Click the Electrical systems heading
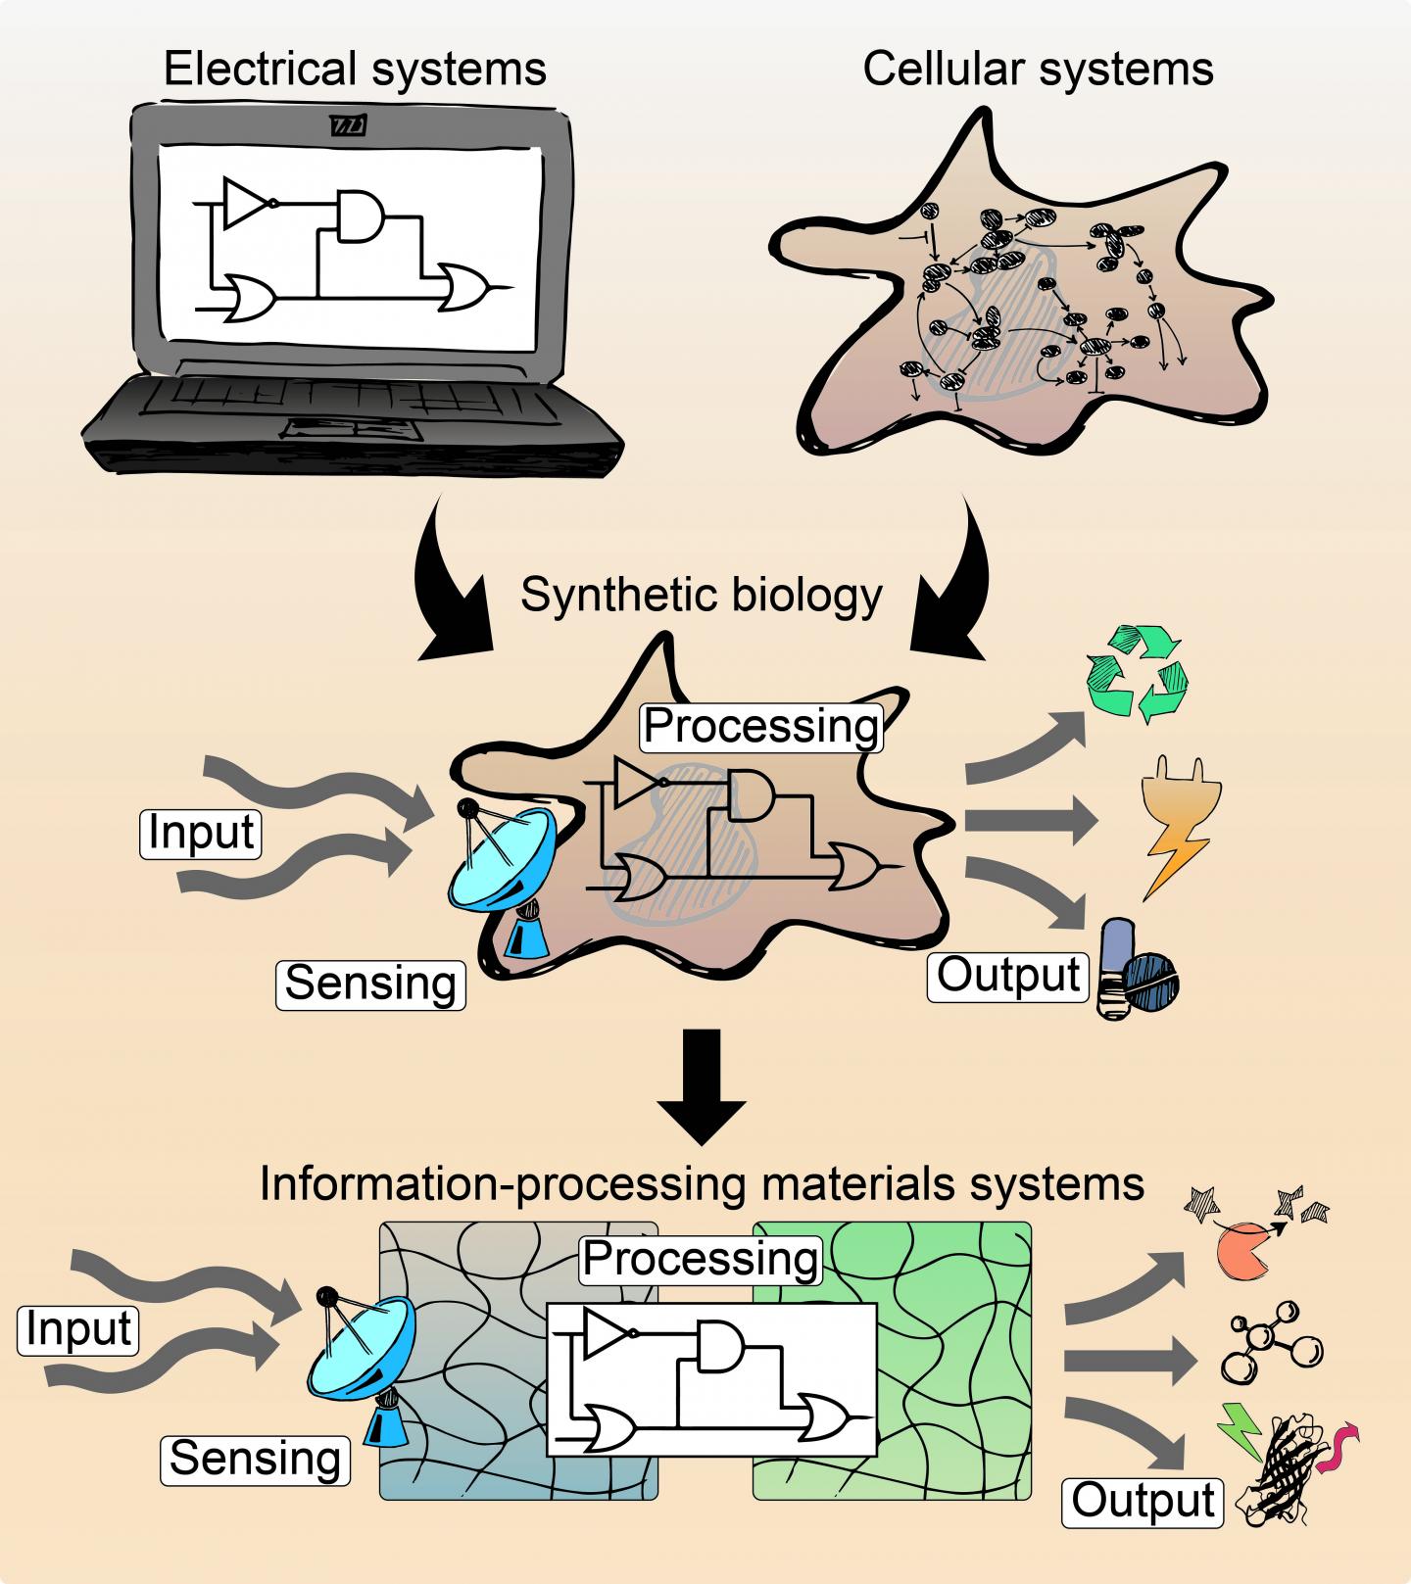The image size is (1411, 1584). [355, 70]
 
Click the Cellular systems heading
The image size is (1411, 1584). [1038, 70]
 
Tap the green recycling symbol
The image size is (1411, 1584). [1138, 676]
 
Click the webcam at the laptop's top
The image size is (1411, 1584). [348, 126]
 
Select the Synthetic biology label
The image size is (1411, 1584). [702, 595]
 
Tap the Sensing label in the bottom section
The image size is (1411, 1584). [255, 1458]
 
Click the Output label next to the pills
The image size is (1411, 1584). [1008, 975]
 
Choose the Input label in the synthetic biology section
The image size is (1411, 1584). [201, 833]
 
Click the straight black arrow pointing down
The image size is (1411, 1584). [701, 1084]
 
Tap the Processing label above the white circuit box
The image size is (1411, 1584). [701, 1258]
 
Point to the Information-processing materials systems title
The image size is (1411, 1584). [702, 1182]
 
